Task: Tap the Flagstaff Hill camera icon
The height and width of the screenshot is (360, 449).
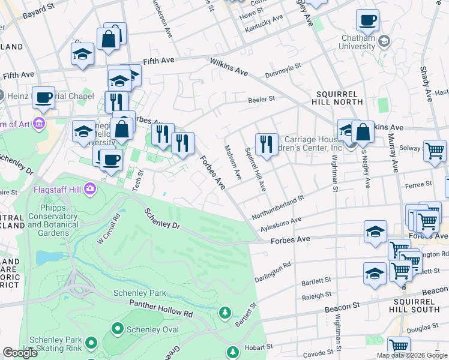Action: click(89, 189)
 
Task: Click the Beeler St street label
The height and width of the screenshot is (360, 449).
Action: click(261, 99)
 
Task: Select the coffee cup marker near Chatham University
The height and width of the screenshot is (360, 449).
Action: click(367, 20)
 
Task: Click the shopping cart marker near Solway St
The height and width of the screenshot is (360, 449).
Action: click(435, 151)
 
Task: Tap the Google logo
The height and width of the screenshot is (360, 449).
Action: click(20, 353)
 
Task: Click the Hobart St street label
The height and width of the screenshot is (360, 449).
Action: click(260, 346)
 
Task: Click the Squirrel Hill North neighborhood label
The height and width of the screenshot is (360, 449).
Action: click(340, 98)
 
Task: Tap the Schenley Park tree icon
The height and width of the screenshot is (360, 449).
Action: click(224, 312)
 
